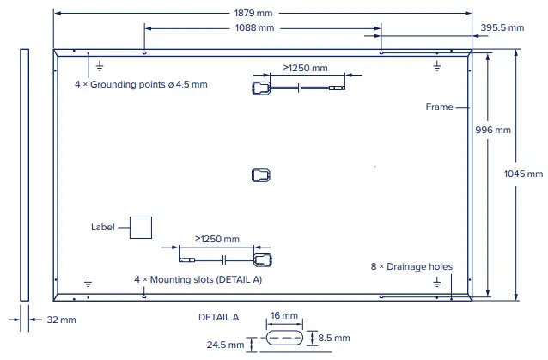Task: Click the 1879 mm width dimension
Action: (261, 13)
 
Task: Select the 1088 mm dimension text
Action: (254, 28)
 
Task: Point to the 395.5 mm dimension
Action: (502, 28)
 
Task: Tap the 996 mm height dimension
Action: (493, 131)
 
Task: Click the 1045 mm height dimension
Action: (523, 174)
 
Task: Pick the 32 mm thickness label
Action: (61, 320)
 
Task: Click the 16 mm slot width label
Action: (283, 316)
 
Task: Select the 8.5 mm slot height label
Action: (334, 337)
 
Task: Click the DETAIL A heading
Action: (218, 316)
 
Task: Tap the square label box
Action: (140, 227)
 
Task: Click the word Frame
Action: (439, 107)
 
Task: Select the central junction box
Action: (261, 175)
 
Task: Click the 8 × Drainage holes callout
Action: (411, 267)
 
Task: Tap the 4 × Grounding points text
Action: (141, 85)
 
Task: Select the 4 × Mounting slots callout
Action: (198, 280)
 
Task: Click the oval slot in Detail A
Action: (284, 338)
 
